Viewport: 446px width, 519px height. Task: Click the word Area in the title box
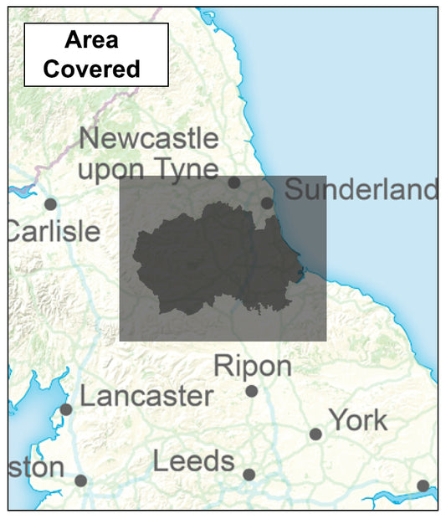[x=92, y=39]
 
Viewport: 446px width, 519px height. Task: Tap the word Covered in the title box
[x=92, y=68]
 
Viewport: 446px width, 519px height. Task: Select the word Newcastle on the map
[x=148, y=138]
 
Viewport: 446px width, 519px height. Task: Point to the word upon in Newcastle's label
[x=113, y=169]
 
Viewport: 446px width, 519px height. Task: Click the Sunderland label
[x=361, y=190]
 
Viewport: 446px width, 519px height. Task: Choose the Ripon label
[x=253, y=366]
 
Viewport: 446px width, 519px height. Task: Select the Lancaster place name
[x=146, y=396]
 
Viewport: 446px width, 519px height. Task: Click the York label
[x=358, y=419]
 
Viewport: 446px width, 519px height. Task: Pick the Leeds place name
[x=194, y=461]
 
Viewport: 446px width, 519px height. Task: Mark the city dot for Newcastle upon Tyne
[x=234, y=182]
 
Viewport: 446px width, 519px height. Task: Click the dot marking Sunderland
[x=267, y=203]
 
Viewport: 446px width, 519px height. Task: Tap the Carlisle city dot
[x=50, y=203]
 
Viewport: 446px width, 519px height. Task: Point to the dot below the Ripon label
[x=252, y=391]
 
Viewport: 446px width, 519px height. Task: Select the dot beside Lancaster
[x=66, y=409]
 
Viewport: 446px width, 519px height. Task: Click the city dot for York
[x=315, y=434]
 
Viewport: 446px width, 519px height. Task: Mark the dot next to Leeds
[x=249, y=475]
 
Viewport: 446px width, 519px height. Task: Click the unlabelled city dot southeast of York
[x=423, y=486]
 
